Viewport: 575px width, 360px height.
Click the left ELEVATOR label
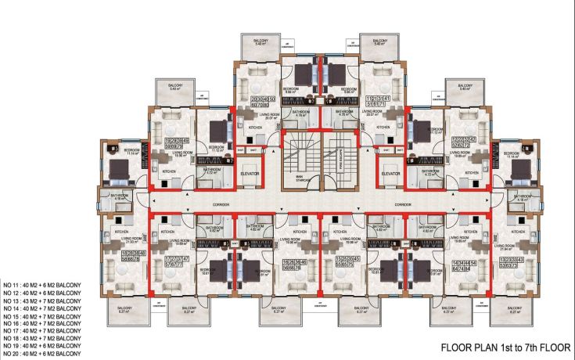click(x=250, y=173)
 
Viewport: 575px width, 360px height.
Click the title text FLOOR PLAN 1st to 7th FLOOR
click(x=507, y=346)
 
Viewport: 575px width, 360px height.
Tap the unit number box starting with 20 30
click(x=264, y=103)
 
